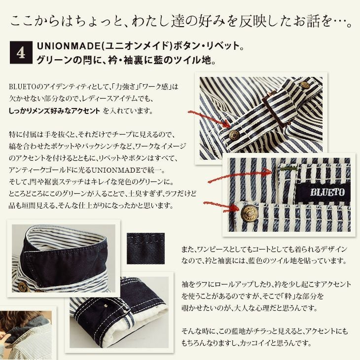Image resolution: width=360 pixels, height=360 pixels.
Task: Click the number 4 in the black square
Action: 21,53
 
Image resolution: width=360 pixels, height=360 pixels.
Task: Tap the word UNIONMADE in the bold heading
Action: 69,46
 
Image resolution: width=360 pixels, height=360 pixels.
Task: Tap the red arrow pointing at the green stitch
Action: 240,176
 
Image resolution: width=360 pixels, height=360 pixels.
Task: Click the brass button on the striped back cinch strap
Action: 234,134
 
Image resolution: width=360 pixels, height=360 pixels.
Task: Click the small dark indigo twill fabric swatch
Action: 145,249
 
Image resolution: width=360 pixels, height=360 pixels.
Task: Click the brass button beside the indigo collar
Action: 22,287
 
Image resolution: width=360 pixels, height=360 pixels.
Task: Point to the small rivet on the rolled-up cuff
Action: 106,305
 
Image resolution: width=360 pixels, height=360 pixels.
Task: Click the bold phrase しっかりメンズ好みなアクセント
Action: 54,111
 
